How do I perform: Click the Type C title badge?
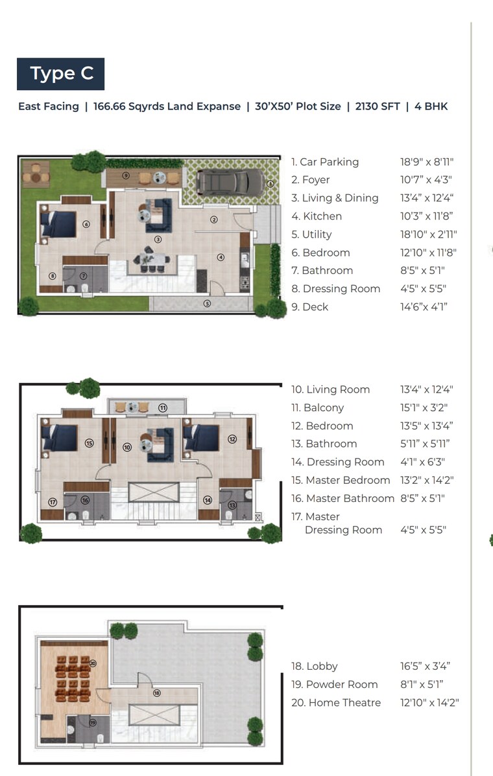coord(61,74)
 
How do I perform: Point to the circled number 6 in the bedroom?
coord(86,224)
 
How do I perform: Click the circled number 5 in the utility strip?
coord(207,303)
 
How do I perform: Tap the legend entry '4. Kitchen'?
coord(317,216)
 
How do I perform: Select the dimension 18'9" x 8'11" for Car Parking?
coord(426,162)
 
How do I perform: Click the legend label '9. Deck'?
coord(310,307)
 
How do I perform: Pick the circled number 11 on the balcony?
coord(163,407)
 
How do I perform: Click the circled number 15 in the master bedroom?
coord(90,443)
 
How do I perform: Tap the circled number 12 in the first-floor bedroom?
coord(232,439)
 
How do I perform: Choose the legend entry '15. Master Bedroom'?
coord(341,480)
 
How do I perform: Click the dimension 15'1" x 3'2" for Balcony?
coord(424,407)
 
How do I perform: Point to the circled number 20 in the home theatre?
coord(93,663)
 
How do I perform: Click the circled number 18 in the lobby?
coord(156,693)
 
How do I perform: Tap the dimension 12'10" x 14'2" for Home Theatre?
coord(429,702)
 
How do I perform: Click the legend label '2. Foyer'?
coord(311,180)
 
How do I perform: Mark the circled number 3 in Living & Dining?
coord(158,239)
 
